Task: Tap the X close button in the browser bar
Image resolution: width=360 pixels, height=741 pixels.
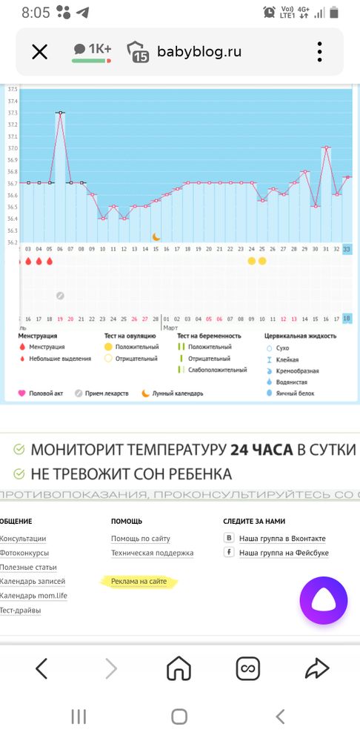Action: (39, 51)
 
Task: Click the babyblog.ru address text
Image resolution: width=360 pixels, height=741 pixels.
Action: (199, 51)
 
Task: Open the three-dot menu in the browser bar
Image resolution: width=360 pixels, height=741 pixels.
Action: (320, 51)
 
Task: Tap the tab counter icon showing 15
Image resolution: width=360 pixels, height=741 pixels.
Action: (139, 52)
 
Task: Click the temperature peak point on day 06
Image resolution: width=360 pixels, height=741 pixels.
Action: (60, 113)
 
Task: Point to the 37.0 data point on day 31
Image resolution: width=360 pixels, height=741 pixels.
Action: (326, 147)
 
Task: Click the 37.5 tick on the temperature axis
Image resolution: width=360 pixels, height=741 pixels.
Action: (13, 90)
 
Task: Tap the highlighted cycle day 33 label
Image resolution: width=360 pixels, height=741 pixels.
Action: (347, 249)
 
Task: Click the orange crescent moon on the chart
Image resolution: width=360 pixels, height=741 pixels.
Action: (156, 236)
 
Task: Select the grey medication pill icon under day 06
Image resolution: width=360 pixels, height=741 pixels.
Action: (60, 296)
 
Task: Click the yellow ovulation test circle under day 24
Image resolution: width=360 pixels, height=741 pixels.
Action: (251, 261)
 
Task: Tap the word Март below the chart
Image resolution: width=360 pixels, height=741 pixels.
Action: (170, 328)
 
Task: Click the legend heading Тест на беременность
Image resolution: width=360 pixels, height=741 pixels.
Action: (210, 336)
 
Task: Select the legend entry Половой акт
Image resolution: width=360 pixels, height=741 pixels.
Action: (50, 393)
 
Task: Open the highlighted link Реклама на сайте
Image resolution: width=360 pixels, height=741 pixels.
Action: (139, 582)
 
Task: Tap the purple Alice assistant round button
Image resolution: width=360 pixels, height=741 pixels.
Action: (324, 601)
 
